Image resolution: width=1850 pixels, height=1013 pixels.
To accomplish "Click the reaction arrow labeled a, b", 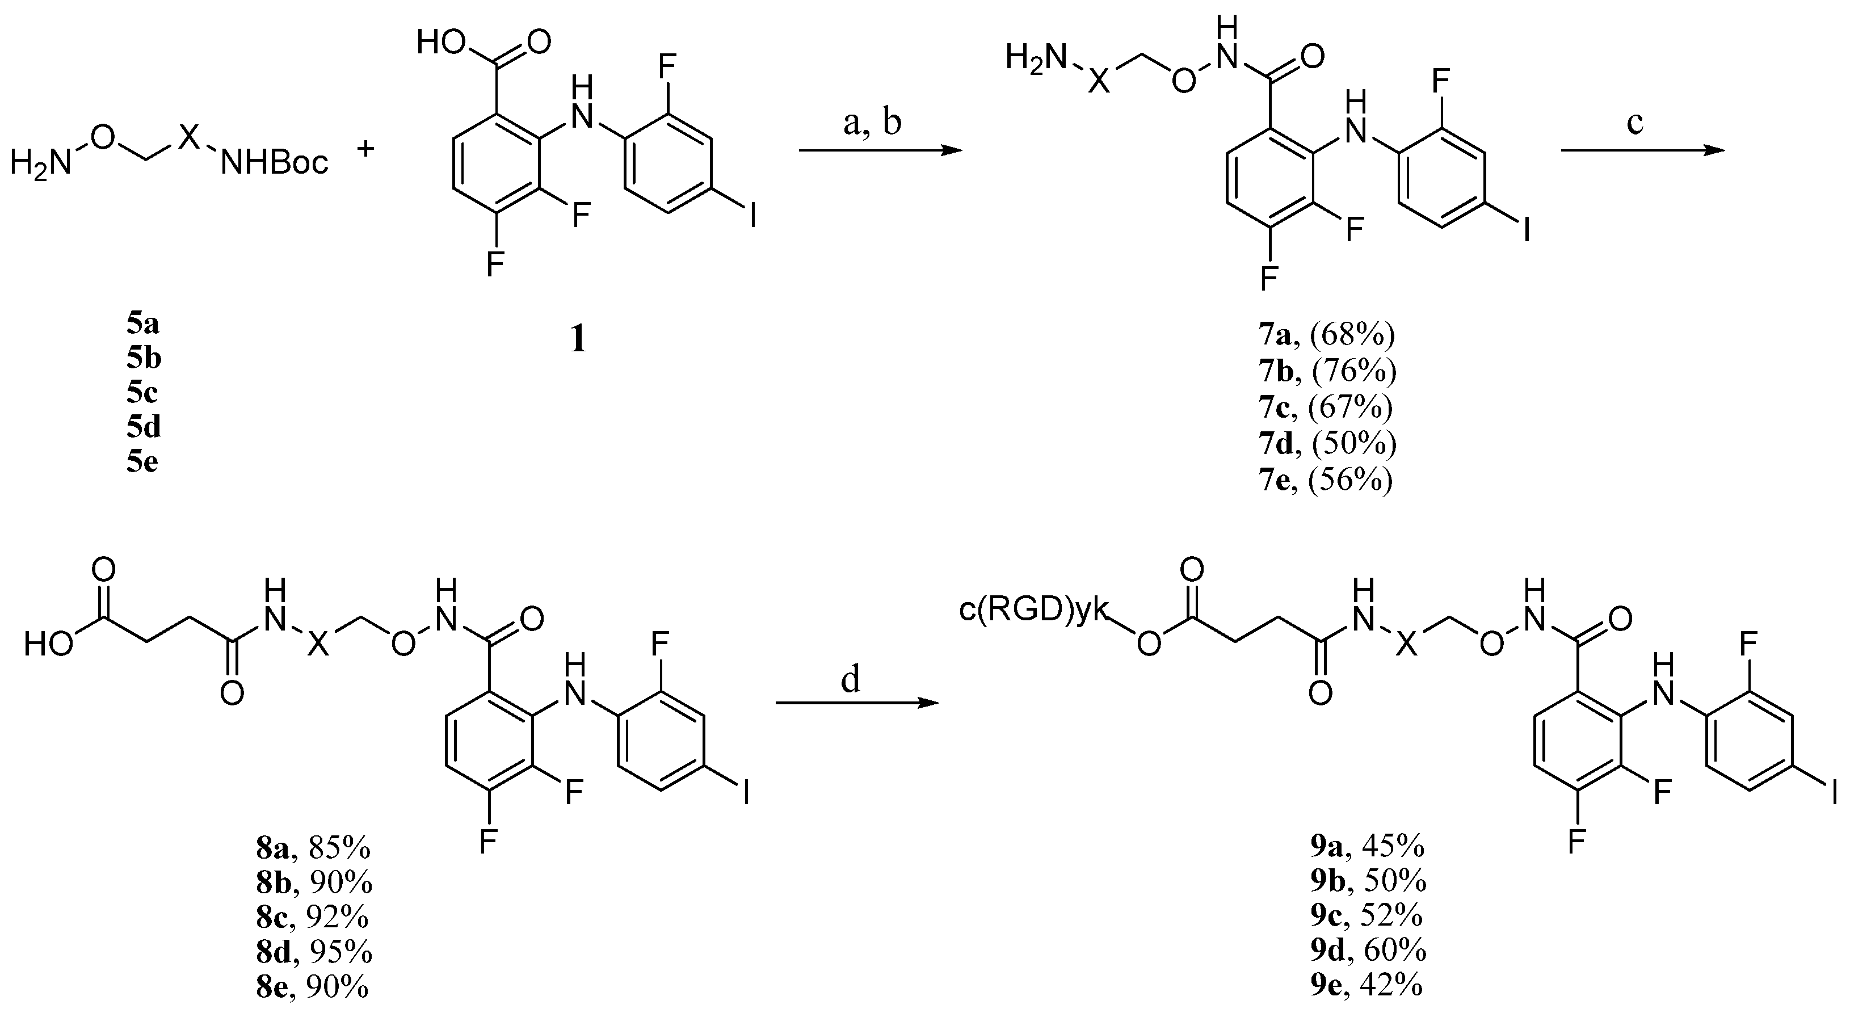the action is tap(880, 150).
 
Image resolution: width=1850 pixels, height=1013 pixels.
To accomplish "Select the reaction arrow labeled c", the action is tap(1642, 150).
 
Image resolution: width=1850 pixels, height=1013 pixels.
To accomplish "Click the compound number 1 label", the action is tap(578, 339).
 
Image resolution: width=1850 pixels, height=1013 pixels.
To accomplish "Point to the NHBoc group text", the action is tap(274, 164).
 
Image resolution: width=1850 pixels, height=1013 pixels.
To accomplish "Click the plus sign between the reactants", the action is tap(366, 149).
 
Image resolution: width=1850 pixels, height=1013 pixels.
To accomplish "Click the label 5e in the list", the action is tap(143, 462).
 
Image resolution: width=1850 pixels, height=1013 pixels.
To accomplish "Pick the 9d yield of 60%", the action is tap(1395, 951).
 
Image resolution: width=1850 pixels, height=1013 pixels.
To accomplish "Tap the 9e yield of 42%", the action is tap(1393, 985).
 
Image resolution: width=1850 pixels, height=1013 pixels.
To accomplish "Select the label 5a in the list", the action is tap(143, 324).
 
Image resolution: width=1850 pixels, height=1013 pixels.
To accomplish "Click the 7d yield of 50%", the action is tap(1353, 444).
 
